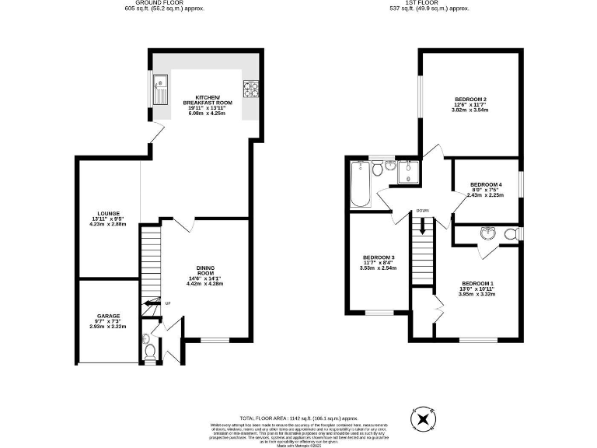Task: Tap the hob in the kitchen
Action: pos(250,89)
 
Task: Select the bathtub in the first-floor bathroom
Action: pos(360,185)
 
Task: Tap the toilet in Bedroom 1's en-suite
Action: pos(511,233)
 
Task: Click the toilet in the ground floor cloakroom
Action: pos(150,352)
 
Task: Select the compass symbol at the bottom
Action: pos(423,419)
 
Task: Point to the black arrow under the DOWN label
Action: pos(422,227)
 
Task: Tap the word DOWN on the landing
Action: pos(422,211)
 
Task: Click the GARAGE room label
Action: pos(108,316)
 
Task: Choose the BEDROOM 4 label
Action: pos(486,184)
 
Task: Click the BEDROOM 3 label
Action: pos(379,257)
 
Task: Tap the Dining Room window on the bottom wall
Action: pos(215,340)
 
